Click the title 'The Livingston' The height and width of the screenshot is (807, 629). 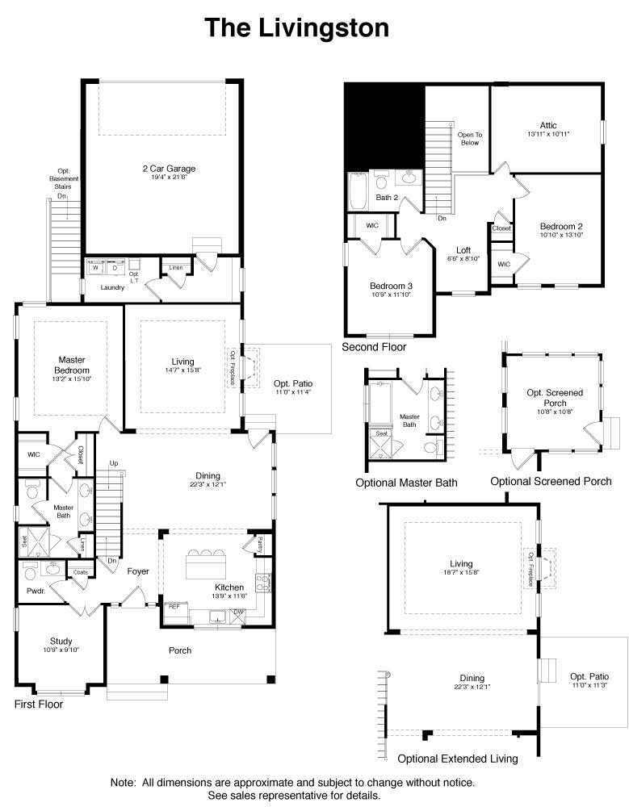pos(296,28)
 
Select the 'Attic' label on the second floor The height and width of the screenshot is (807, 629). pos(548,125)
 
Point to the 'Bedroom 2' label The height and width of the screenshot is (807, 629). pos(561,227)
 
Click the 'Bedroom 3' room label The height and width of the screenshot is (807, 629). pos(391,286)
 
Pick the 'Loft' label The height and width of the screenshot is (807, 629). pos(463,250)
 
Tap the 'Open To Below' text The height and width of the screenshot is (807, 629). pos(468,138)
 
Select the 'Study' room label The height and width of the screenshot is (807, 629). pos(61,642)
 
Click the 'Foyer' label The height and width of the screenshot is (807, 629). pos(138,571)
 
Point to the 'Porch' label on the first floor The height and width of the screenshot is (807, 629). pos(180,650)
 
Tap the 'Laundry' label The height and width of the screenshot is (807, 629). pos(112,287)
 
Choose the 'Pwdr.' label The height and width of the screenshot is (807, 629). pos(36,590)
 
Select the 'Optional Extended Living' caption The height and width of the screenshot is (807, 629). pos(458,759)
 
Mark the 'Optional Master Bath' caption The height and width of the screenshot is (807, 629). pos(406,483)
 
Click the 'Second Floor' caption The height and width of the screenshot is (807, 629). pos(374,347)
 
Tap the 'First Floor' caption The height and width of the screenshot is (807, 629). pos(39,705)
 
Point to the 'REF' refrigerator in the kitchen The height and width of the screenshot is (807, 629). pos(174,606)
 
